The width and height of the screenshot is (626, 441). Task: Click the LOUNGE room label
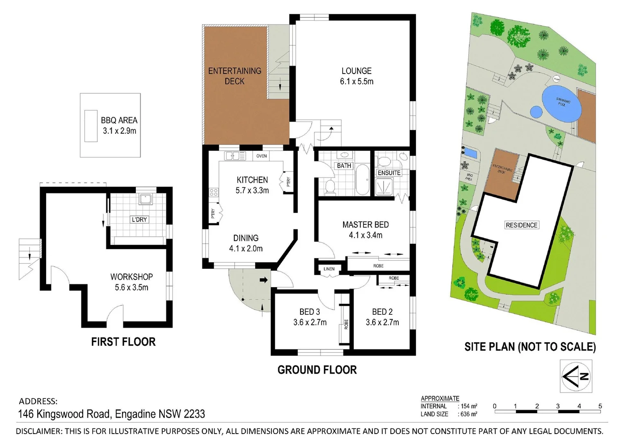[x=356, y=71]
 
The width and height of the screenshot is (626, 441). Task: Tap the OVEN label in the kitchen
[x=261, y=156]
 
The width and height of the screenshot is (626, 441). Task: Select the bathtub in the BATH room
[x=362, y=180]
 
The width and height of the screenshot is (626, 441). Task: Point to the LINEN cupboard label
[x=329, y=269]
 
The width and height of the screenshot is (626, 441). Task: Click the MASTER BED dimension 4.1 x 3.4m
[x=366, y=235]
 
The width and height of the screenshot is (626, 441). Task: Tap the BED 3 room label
[x=310, y=312]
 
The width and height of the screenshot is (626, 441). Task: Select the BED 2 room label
[x=382, y=312]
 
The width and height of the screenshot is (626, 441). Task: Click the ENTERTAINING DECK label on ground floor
[x=235, y=76]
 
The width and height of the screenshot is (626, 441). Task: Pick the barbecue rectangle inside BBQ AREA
[x=91, y=126]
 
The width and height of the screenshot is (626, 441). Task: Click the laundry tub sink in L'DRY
[x=145, y=199]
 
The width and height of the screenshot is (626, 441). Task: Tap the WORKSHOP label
[x=131, y=277]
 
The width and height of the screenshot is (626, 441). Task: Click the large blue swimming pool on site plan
[x=562, y=103]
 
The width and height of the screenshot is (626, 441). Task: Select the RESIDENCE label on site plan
[x=521, y=225]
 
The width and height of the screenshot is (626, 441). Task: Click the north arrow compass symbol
[x=576, y=376]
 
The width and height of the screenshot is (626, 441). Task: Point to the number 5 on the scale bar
[x=600, y=406]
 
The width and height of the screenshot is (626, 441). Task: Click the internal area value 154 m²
[x=469, y=406]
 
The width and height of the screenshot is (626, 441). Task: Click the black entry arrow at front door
[x=264, y=280]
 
